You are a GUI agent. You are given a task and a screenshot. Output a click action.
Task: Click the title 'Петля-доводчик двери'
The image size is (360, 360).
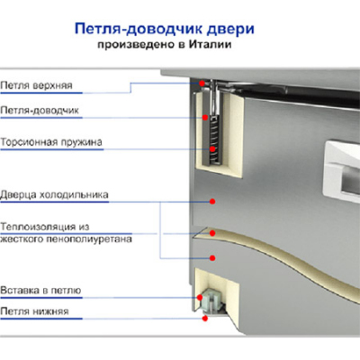162,30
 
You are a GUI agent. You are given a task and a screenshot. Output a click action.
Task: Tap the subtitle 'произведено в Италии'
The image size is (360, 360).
162,47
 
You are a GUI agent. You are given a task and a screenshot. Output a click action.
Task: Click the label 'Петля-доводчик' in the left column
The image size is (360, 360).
40,111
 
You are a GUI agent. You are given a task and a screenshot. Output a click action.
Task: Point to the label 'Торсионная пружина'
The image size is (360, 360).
51,141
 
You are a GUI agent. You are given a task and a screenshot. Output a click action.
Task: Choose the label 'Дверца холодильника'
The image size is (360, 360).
55,193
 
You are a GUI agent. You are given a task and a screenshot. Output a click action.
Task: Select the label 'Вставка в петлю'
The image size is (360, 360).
41,290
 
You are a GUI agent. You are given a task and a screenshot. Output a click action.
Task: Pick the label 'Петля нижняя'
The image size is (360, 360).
35,311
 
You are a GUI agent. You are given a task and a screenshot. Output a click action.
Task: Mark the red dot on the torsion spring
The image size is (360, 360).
213,148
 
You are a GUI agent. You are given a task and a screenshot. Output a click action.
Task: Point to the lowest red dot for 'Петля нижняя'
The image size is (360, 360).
207,317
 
